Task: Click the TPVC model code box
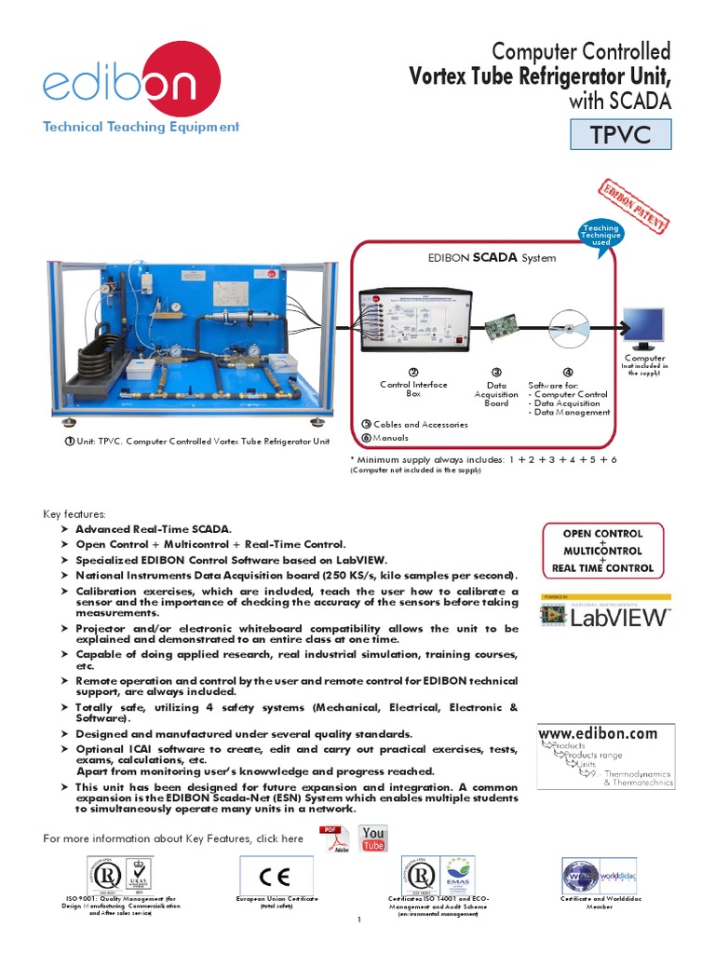click(621, 136)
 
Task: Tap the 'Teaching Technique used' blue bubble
click(600, 235)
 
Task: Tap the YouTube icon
click(373, 838)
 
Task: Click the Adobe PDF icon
click(332, 838)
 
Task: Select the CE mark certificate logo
click(277, 876)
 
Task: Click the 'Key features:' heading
click(75, 513)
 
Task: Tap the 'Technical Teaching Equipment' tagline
click(141, 127)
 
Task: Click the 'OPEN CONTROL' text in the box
click(602, 534)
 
